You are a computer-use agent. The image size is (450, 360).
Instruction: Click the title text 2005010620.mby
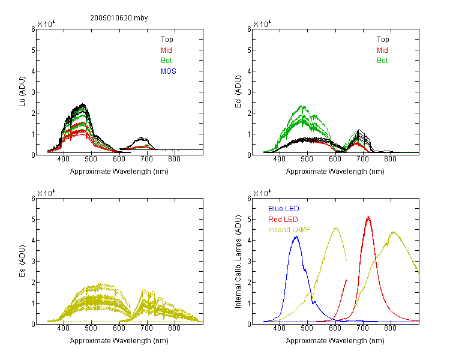pyautogui.click(x=119, y=18)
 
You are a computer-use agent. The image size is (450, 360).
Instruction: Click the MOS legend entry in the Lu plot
pyautogui.click(x=169, y=71)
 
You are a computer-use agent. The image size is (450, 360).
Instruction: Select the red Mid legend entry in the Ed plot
pyautogui.click(x=382, y=50)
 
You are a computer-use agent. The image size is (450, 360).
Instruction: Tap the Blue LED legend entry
pyautogui.click(x=284, y=209)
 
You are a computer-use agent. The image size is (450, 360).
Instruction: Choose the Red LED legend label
pyautogui.click(x=283, y=220)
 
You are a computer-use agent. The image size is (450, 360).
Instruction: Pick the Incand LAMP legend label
pyautogui.click(x=289, y=230)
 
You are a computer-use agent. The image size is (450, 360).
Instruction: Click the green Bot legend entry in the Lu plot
pyautogui.click(x=166, y=61)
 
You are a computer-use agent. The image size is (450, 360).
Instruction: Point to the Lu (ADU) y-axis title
pyautogui.click(x=22, y=92)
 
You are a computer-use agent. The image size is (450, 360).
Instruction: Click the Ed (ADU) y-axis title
pyautogui.click(x=238, y=92)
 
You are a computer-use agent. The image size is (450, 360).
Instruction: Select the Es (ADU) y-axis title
pyautogui.click(x=22, y=261)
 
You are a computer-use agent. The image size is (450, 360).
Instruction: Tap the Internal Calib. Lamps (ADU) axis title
pyautogui.click(x=238, y=262)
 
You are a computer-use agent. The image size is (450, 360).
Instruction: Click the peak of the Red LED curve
pyautogui.click(x=368, y=217)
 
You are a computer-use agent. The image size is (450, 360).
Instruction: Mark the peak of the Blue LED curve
pyautogui.click(x=296, y=236)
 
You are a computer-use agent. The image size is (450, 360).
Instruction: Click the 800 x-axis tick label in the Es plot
pyautogui.click(x=174, y=328)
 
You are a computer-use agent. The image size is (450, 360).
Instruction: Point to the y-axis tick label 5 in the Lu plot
pyautogui.click(x=34, y=50)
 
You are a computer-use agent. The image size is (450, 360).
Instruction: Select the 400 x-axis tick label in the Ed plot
pyautogui.click(x=279, y=159)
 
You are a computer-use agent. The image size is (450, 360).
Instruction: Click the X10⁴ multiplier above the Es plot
pyautogui.click(x=46, y=193)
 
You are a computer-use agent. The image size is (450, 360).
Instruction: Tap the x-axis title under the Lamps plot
pyautogui.click(x=335, y=341)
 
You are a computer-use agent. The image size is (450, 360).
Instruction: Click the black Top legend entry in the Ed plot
pyautogui.click(x=383, y=40)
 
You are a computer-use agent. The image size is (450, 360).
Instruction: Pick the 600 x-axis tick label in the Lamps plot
pyautogui.click(x=335, y=328)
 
